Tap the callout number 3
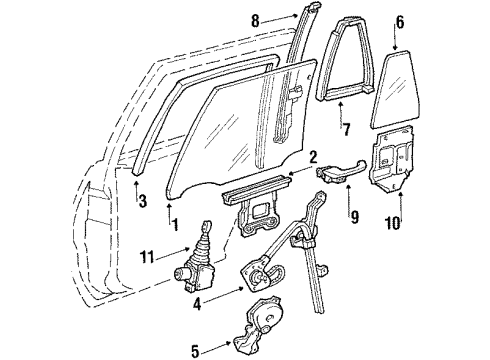click(142, 201)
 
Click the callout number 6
click(399, 21)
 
